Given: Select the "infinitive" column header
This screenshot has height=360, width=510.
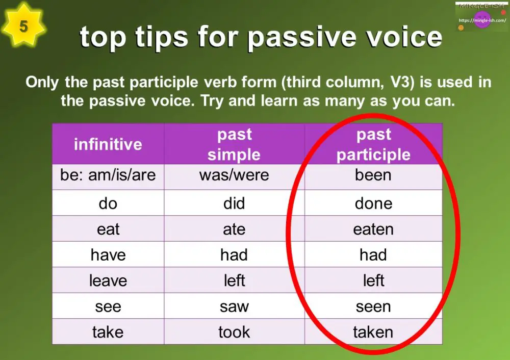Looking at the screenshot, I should [108, 144].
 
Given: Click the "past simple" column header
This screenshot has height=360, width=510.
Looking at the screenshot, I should [234, 144].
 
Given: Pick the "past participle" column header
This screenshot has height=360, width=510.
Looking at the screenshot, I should [373, 144].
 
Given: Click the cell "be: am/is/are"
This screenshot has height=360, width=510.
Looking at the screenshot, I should [108, 175].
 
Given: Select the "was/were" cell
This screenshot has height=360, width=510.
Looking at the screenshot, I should [234, 175].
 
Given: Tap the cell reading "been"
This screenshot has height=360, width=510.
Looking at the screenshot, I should [373, 175].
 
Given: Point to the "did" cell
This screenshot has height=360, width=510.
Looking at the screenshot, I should [234, 203].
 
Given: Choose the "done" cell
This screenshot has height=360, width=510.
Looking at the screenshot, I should [373, 203].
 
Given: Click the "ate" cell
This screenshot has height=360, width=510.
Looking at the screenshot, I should [234, 229].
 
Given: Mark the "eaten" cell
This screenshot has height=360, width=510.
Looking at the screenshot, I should [373, 229].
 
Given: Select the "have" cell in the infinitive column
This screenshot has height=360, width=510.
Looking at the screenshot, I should [108, 254].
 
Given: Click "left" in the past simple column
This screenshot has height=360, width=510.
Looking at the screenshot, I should [234, 280].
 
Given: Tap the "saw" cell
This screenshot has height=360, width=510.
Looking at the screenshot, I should [234, 306].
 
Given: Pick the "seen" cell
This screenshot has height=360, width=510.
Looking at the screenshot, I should [373, 306].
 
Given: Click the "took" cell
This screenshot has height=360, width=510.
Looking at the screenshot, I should [234, 332].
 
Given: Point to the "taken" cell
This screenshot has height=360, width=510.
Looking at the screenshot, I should [373, 332].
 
